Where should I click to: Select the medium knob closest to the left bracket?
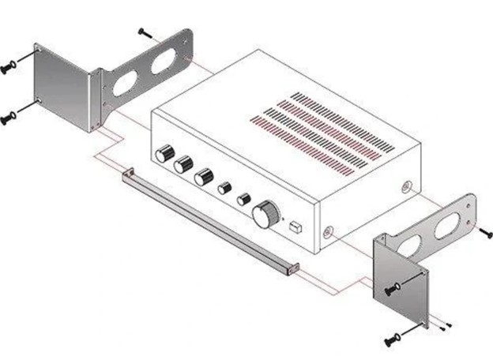click(164, 153)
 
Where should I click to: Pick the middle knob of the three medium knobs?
click(184, 165)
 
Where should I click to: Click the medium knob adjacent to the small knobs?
click(204, 177)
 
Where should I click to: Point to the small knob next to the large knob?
click(243, 197)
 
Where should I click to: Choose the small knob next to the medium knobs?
click(224, 188)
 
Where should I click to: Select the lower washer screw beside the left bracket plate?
click(9, 119)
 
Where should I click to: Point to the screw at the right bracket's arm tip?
click(485, 231)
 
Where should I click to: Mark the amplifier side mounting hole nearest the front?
click(328, 232)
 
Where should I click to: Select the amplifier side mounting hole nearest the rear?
click(405, 188)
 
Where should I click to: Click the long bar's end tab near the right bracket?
click(292, 268)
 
